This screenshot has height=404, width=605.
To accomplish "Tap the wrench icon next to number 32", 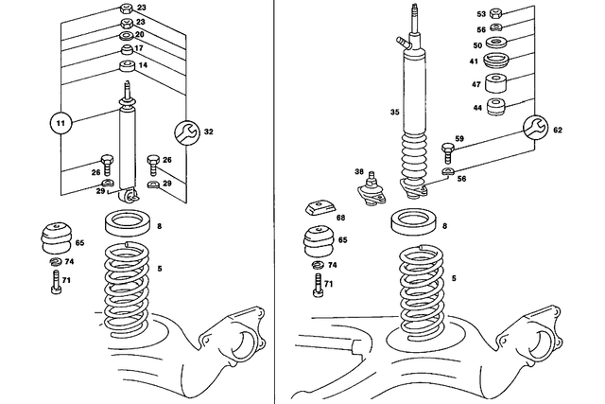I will (x=186, y=132).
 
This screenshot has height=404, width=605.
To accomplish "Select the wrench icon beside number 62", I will (x=536, y=128).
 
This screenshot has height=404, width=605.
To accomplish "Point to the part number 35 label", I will (x=370, y=112).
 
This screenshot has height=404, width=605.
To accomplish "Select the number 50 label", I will (x=477, y=45).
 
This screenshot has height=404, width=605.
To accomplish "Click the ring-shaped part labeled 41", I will (x=498, y=62).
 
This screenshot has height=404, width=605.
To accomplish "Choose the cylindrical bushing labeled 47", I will (x=498, y=85).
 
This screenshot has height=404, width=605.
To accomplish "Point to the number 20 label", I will (x=139, y=35).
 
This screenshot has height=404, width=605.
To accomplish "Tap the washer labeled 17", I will (x=126, y=49).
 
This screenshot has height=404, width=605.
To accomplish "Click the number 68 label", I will (x=339, y=218).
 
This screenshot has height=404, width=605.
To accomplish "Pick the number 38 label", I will (x=358, y=172).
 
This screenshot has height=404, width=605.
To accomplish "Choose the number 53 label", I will (x=480, y=14).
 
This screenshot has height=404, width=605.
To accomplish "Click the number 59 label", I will (x=460, y=139).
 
